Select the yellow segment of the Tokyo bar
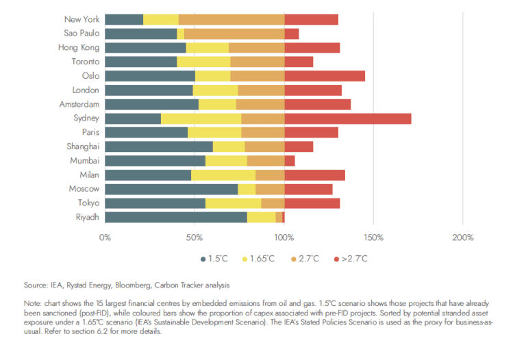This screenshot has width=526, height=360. (x=233, y=203)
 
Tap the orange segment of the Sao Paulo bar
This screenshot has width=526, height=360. (x=234, y=34)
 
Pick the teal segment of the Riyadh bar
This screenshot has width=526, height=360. (x=176, y=217)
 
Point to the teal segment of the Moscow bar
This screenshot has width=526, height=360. (x=171, y=189)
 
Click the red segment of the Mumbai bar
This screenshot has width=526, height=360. (x=289, y=161)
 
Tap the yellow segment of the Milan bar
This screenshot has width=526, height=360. (x=223, y=175)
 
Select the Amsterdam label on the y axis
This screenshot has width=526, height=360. (x=79, y=104)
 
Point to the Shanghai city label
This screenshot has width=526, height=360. (x=83, y=146)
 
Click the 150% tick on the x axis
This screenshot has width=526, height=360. (x=373, y=237)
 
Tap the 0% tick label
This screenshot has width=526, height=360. (x=105, y=237)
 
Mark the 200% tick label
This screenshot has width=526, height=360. (x=463, y=237)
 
